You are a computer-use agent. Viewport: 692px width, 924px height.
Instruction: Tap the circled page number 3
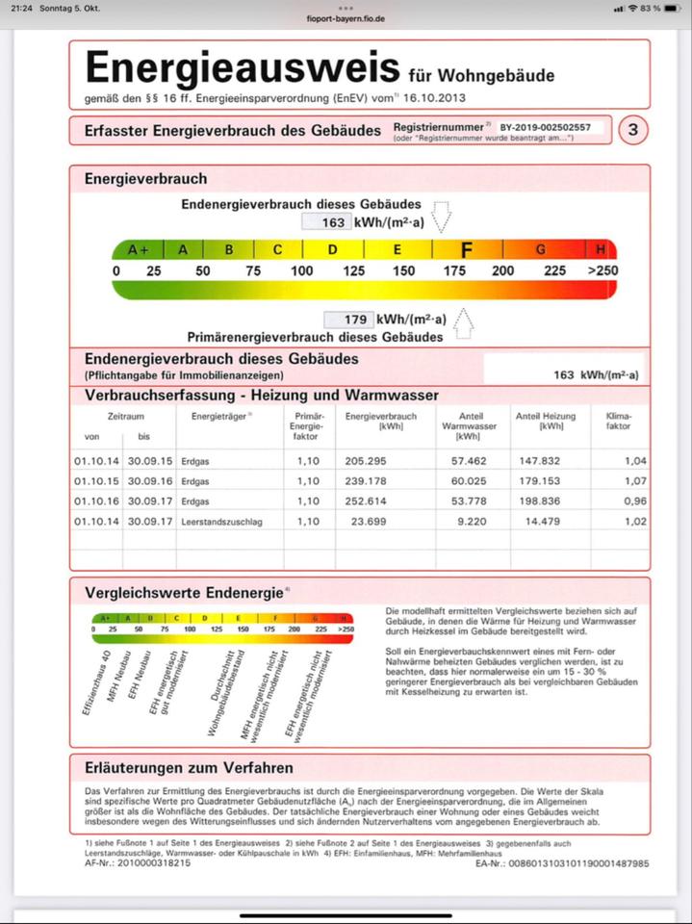(x=631, y=130)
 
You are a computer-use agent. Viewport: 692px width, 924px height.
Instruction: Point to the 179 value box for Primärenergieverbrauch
(x=344, y=320)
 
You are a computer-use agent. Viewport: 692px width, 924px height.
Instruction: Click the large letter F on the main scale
(x=467, y=250)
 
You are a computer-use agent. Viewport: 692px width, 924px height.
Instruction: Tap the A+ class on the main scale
(x=139, y=250)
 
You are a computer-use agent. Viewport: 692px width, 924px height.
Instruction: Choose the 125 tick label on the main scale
(x=353, y=271)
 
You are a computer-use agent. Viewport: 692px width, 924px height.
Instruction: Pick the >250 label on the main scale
(x=602, y=271)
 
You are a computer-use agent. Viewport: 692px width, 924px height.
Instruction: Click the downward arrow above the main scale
(x=442, y=217)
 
